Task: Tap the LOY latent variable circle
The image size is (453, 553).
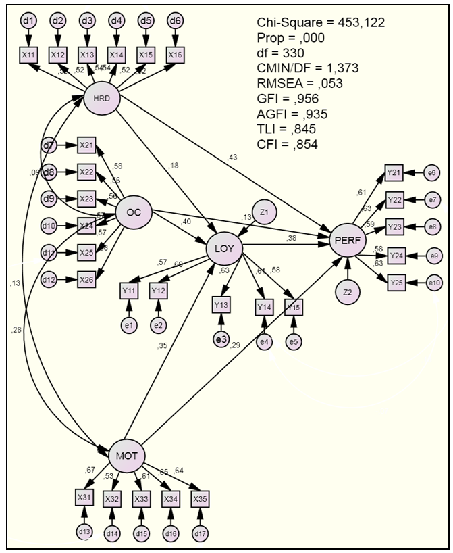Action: [223, 249]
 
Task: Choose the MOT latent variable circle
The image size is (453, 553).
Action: [126, 455]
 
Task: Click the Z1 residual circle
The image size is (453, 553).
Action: [264, 212]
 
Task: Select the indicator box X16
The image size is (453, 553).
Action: [175, 54]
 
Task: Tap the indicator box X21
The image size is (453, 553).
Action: [86, 145]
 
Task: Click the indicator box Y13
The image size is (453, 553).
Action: [221, 305]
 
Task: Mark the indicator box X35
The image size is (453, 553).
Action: [199, 498]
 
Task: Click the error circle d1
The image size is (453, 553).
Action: [27, 21]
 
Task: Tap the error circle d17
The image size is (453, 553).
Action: [200, 533]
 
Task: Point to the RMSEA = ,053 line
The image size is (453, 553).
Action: [300, 84]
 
